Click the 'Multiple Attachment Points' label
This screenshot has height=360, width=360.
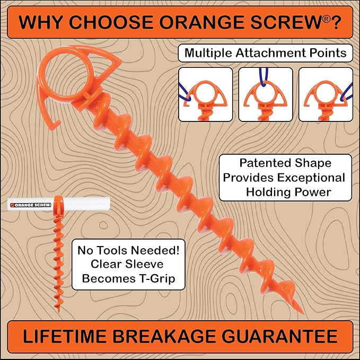point(266,53)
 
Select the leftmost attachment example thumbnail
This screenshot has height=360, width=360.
point(205,94)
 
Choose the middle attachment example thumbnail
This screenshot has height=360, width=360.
point(265,94)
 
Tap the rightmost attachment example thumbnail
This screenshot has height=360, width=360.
point(325,94)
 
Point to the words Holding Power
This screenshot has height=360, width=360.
point(288,192)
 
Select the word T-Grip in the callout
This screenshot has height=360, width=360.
point(158,277)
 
